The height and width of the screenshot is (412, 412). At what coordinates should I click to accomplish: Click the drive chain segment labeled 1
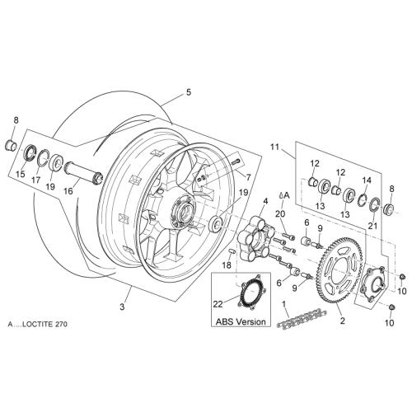[302, 318]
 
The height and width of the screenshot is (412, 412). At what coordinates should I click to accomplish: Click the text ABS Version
[241, 321]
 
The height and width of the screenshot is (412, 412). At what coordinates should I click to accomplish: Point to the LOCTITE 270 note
[38, 324]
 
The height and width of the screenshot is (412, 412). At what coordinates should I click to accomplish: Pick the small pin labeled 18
[232, 251]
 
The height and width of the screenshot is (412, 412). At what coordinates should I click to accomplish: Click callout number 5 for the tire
[188, 92]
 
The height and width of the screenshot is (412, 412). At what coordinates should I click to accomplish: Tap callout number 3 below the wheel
[122, 307]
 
